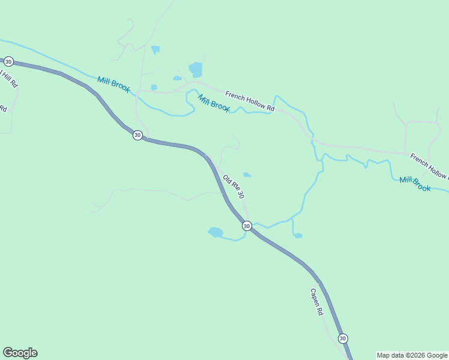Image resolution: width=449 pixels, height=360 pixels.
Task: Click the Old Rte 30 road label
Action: (234, 187)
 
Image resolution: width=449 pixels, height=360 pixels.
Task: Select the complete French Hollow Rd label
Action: (250, 101)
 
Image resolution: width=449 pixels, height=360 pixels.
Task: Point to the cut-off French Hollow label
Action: (429, 166)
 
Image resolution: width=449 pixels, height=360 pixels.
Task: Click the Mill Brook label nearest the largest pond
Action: (214, 104)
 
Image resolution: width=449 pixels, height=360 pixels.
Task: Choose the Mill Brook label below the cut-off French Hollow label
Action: (415, 184)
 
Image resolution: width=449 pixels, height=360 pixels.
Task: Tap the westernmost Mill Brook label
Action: (113, 84)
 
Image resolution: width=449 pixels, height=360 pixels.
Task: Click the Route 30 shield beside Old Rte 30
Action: (247, 226)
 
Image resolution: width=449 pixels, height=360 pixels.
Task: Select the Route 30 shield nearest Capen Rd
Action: (342, 338)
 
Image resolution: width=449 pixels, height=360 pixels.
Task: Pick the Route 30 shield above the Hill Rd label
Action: (8, 62)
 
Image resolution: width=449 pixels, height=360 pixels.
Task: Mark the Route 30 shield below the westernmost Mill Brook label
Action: (137, 135)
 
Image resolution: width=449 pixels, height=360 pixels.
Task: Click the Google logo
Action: (20, 353)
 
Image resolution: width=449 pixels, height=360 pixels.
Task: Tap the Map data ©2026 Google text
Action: (412, 355)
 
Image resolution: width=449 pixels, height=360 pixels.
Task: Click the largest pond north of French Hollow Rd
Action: (196, 69)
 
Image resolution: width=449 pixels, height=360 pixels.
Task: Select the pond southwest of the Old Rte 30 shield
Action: (215, 232)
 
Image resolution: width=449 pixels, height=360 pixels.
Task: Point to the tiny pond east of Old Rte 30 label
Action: (247, 175)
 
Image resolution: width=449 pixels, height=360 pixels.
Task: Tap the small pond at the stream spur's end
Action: (298, 236)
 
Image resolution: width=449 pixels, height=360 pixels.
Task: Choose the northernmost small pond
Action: (156, 49)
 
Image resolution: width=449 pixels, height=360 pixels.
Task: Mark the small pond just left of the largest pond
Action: (177, 78)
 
